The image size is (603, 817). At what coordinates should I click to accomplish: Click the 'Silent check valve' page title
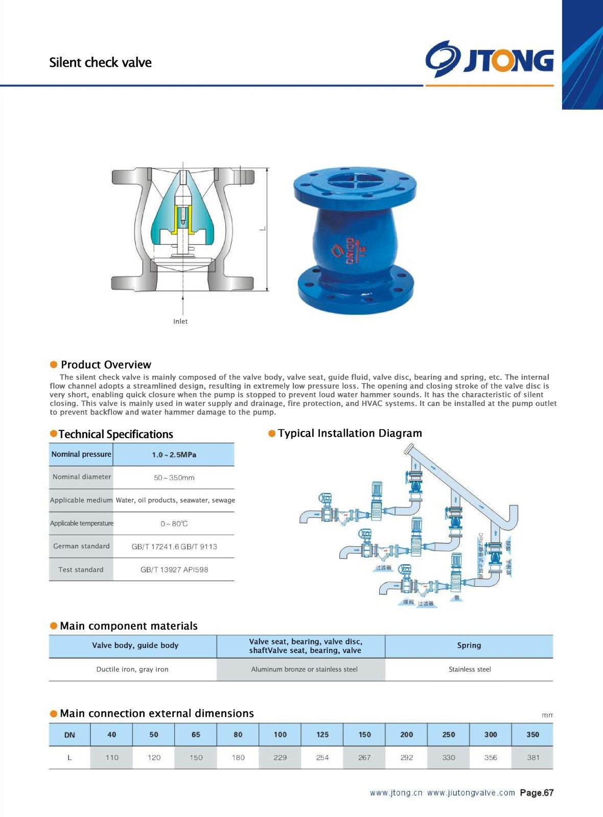pos(100,62)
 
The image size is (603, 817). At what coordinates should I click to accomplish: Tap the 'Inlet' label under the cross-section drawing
pos(180,321)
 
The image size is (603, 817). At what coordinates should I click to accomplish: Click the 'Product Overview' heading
pos(106,365)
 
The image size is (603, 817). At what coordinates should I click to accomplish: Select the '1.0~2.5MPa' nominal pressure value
pos(174,454)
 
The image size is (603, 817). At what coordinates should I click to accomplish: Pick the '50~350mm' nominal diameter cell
pos(174,477)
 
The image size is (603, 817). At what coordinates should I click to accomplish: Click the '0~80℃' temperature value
pos(174,523)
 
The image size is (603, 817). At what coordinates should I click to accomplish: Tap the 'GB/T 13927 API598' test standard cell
pos(174,569)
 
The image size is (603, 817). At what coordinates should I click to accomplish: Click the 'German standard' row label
pos(81,546)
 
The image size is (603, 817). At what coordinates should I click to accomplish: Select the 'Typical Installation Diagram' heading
pos(350,433)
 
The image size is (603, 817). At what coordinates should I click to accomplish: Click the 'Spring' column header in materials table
pos(469,645)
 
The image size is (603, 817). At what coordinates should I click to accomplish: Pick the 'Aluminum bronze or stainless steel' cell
pos(304,669)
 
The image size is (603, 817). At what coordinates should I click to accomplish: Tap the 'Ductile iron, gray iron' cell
pos(132,669)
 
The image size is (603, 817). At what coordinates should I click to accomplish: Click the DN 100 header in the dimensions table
pos(280,734)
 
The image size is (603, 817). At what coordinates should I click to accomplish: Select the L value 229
pos(280,757)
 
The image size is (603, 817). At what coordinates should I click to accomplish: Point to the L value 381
pos(533,757)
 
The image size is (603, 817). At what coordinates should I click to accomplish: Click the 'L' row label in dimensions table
pos(69,757)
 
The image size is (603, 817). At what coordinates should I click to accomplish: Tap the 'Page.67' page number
pos(537,792)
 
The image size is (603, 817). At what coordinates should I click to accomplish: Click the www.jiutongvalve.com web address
pos(471,792)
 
